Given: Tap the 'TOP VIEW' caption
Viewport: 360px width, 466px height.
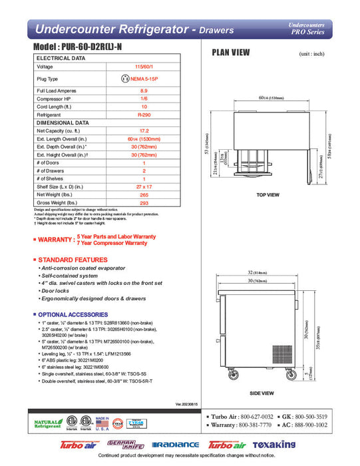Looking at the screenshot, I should click(x=267, y=194).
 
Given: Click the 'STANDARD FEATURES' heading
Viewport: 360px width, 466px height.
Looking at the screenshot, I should click(x=69, y=259).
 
